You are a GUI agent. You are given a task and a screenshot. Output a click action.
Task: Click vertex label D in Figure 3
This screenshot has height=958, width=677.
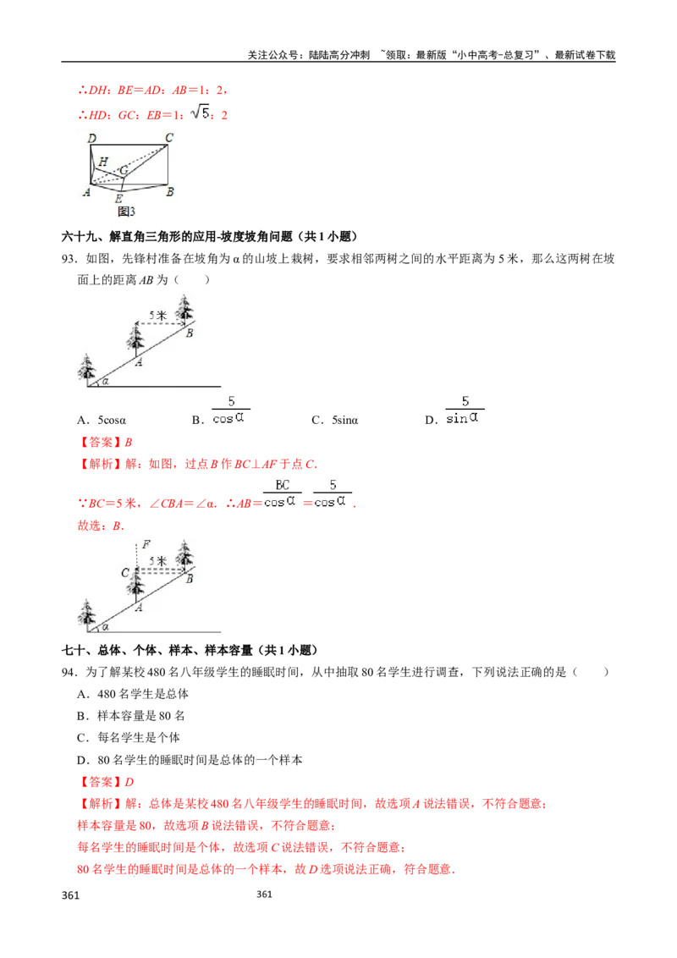coord(91,138)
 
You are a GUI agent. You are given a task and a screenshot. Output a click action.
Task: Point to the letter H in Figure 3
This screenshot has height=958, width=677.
coord(102,161)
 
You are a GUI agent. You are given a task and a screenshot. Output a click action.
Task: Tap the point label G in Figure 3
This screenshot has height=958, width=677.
coord(124,171)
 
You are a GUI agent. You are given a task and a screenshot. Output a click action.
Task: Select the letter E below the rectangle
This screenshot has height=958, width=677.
coord(118,199)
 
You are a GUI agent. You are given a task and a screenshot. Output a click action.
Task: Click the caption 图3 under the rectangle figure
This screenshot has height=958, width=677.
coord(126,212)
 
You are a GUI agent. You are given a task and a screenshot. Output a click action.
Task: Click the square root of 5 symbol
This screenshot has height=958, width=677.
coord(203,112)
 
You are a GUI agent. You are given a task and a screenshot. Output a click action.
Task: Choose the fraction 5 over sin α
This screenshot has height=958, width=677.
coord(464,410)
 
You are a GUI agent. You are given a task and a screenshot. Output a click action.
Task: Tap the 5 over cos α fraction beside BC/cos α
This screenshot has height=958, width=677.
coord(333,493)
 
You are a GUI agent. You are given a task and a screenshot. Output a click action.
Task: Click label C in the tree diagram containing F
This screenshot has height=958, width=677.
coord(124,573)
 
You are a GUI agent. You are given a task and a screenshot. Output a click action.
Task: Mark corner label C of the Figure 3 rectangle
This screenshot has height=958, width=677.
coord(169,138)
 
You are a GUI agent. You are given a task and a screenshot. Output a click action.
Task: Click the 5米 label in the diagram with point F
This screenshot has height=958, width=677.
coord(157,560)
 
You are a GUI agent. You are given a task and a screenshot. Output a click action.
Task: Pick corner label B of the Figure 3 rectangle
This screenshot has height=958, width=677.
coord(170,192)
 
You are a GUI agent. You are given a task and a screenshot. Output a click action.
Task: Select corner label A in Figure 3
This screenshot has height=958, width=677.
coord(86,193)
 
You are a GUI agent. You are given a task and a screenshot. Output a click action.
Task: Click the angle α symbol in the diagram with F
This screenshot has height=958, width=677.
coord(105,627)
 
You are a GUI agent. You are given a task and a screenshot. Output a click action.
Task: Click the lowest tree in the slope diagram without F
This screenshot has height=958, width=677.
coord(86,370)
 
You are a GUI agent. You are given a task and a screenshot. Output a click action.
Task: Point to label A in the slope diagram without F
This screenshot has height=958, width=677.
coord(138,360)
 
